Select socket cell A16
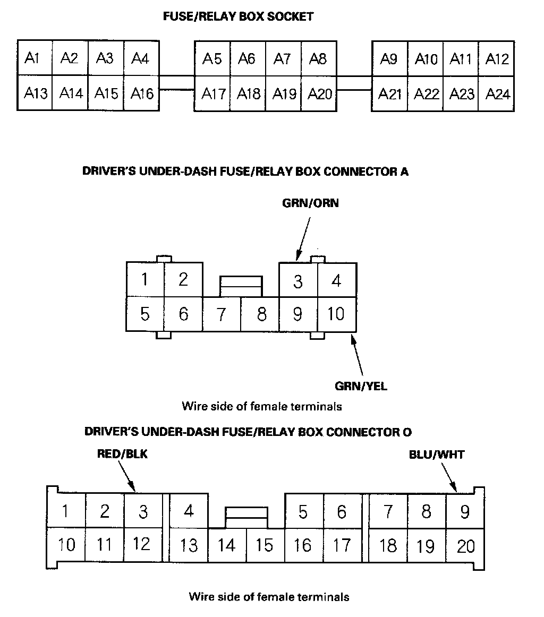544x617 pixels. [x=141, y=93]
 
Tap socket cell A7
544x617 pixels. [x=283, y=58]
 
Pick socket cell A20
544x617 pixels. [x=319, y=94]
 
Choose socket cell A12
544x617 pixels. [x=497, y=58]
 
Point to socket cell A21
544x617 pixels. [x=389, y=94]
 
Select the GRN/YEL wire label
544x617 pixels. [x=361, y=386]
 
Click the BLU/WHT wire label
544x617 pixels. [x=436, y=455]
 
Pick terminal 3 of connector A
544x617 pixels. [x=297, y=281]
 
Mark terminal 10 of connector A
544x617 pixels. [x=336, y=314]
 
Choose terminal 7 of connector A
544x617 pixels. [x=221, y=314]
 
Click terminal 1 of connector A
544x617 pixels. [x=144, y=279]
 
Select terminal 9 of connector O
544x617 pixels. [x=465, y=512]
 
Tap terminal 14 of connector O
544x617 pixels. [x=227, y=545]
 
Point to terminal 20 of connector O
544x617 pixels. [x=465, y=546]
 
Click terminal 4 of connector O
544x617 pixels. [x=189, y=511]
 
